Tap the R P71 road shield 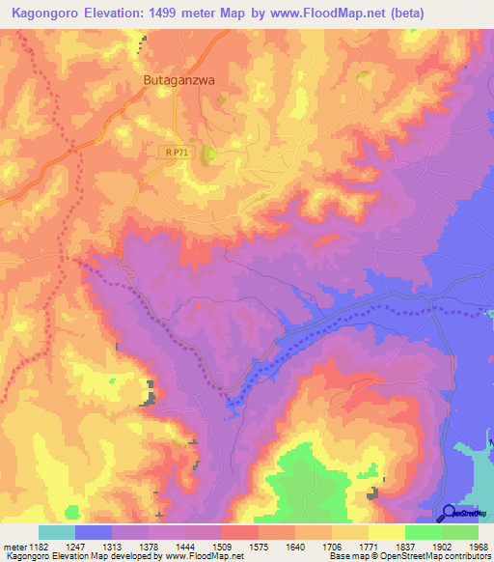[175, 153]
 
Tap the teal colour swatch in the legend [57, 532]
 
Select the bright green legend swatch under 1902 [423, 532]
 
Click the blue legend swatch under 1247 [94, 532]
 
